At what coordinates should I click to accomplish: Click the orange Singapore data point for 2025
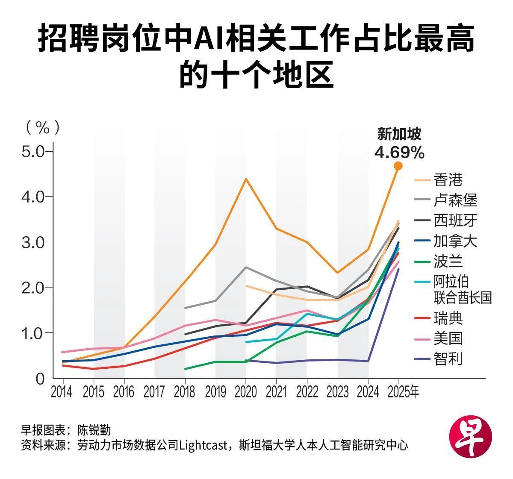pos(398,166)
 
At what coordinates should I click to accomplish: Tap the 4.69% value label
pos(399,152)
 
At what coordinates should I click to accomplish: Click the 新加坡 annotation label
pos(399,134)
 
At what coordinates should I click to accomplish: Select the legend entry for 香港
pos(448,180)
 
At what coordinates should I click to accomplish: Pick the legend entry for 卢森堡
pos(455,200)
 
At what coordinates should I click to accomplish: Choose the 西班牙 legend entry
pos(455,220)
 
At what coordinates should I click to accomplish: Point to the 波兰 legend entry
pos(448,262)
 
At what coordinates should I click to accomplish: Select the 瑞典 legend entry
pos(448,318)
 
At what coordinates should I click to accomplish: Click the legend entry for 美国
pos(448,338)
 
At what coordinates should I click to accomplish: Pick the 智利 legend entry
pos(448,359)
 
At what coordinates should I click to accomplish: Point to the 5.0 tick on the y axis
pos(33,151)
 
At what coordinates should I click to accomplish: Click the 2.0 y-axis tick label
pos(33,287)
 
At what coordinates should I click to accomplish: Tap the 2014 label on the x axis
pos(62,392)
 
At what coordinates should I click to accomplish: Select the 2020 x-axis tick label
pos(246,392)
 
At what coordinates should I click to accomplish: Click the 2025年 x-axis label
pos(403,392)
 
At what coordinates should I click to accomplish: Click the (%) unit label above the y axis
pos(43,127)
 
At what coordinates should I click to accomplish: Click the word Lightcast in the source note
pos(203,445)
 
